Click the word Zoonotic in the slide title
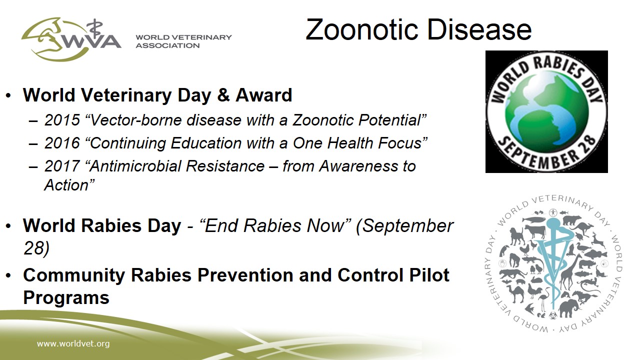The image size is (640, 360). click(362, 29)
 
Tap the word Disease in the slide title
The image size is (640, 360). click(479, 29)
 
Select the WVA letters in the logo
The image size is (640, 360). click(90, 41)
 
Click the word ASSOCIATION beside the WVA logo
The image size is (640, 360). click(167, 45)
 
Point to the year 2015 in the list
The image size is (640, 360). click(62, 120)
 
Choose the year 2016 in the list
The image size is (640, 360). click(62, 143)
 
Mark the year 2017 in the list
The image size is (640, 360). click(62, 166)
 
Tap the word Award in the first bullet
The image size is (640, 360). click(263, 95)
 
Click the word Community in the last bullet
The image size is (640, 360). click(74, 275)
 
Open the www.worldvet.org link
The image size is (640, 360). click(73, 343)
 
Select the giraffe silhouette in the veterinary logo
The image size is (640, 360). click(568, 271)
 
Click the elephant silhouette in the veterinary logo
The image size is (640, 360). click(568, 307)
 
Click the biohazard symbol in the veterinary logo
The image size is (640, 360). click(552, 315)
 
